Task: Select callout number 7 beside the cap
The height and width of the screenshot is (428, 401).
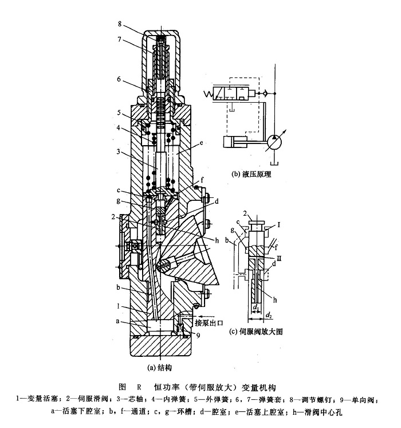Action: tap(119, 41)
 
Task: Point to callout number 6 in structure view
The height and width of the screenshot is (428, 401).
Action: tap(119, 80)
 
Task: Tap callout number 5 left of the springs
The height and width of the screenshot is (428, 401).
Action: tap(119, 112)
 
